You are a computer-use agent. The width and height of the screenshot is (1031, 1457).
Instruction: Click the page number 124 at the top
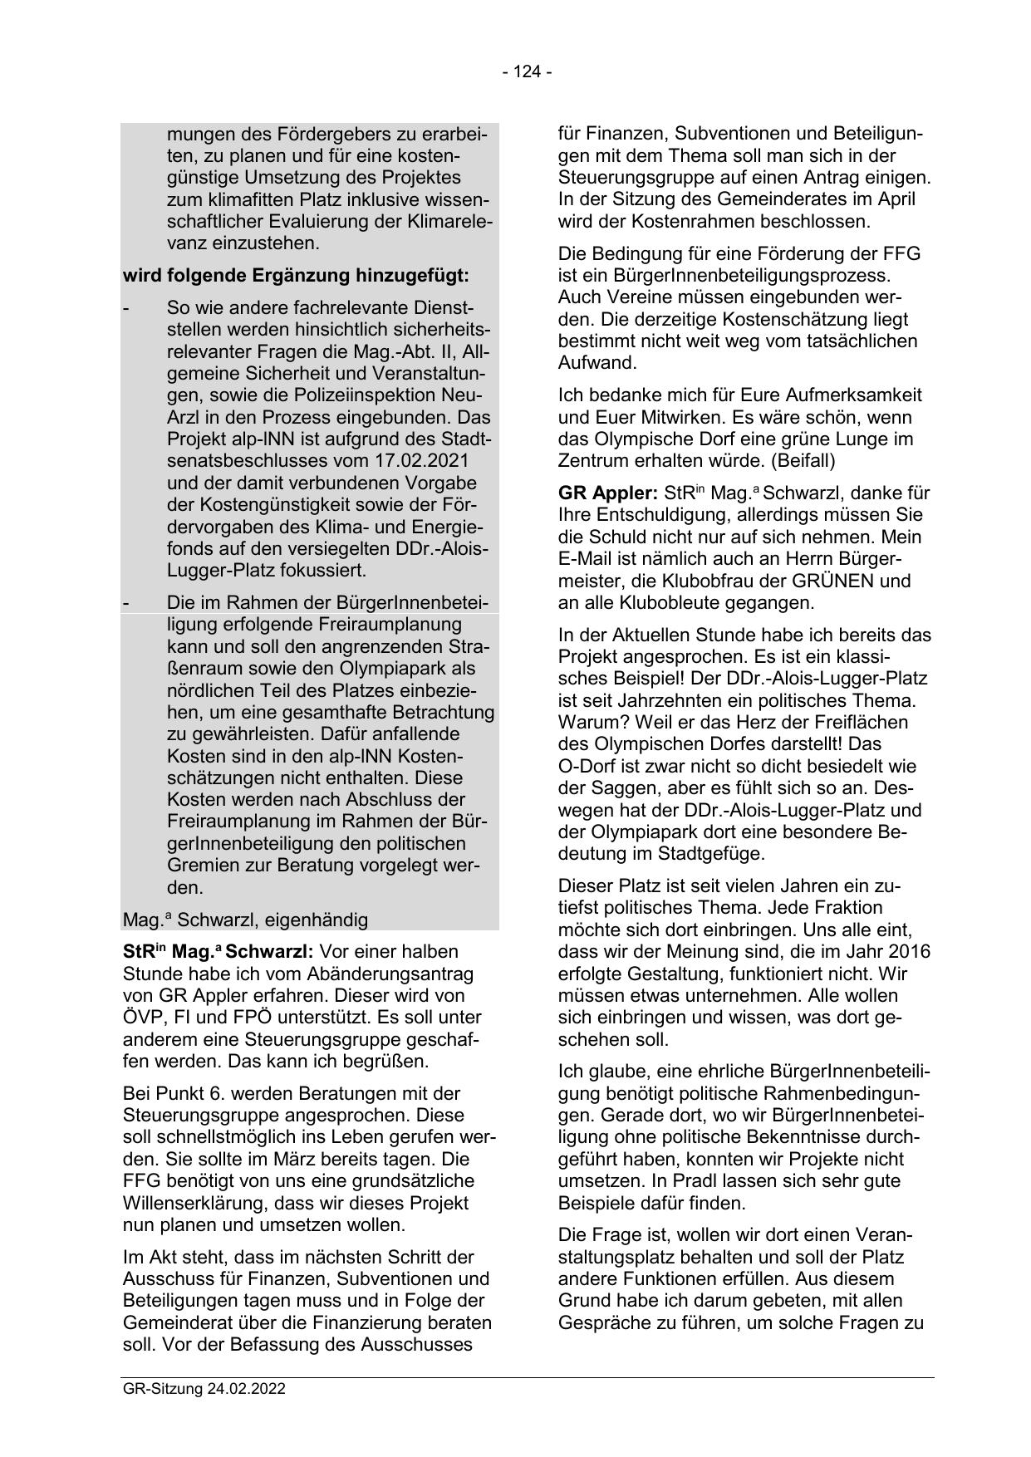pyautogui.click(x=527, y=72)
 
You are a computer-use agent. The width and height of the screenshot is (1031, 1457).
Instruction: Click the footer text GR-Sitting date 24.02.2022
pyautogui.click(x=204, y=1389)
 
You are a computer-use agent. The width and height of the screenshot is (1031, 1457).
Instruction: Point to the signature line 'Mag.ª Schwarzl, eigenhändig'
pyautogui.click(x=245, y=920)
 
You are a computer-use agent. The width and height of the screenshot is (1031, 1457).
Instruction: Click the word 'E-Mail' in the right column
pyautogui.click(x=585, y=559)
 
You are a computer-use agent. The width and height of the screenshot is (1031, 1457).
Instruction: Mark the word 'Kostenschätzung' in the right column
pyautogui.click(x=778, y=319)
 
